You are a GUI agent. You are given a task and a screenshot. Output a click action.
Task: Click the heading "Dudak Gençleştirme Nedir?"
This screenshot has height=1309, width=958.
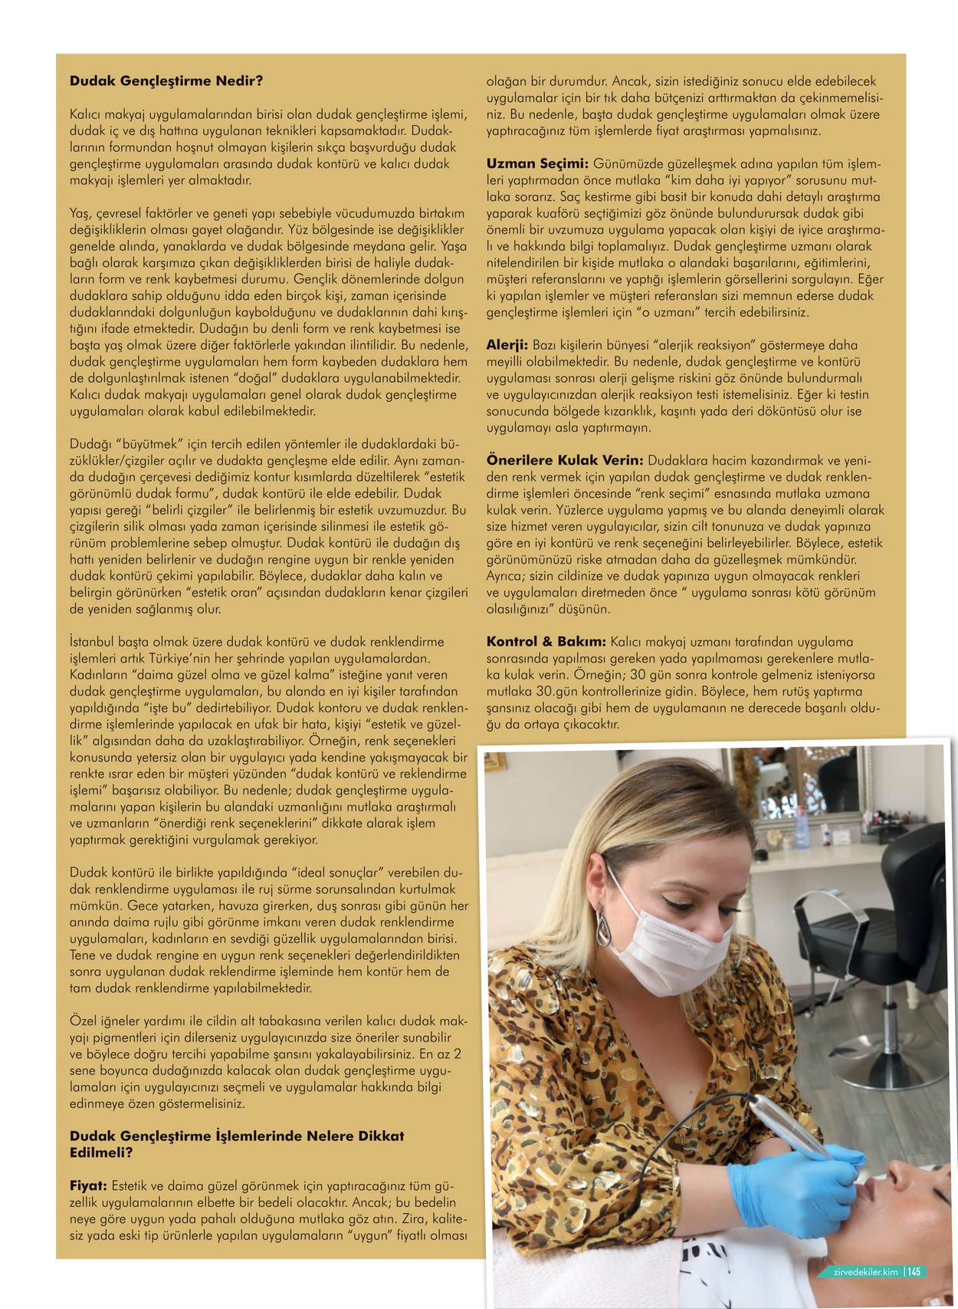click(x=166, y=81)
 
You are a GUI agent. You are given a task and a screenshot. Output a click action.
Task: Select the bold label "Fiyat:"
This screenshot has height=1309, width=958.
click(x=88, y=1186)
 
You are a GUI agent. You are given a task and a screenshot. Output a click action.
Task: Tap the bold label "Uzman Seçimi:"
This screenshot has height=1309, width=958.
click(x=537, y=163)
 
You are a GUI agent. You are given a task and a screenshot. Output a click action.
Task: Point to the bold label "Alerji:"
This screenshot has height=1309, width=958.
click(x=507, y=345)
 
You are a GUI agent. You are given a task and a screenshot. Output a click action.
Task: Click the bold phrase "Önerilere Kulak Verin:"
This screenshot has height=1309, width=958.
click(x=565, y=460)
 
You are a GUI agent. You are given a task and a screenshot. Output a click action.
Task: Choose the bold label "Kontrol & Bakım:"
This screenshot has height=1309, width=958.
click(x=546, y=641)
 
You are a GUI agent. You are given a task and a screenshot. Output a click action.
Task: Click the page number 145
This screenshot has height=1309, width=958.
click(x=914, y=1271)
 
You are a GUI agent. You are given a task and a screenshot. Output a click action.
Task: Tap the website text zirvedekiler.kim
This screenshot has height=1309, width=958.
click(x=865, y=1271)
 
